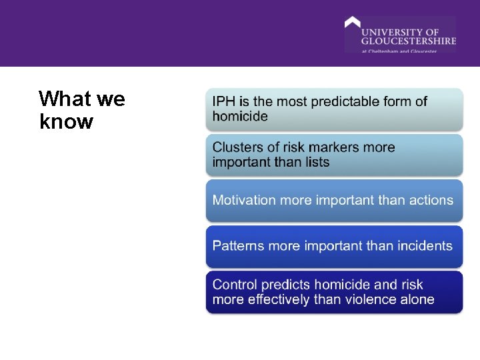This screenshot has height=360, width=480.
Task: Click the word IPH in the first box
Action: click(x=223, y=102)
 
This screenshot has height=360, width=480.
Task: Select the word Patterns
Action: click(x=239, y=245)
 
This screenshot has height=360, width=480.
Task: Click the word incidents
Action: click(x=423, y=245)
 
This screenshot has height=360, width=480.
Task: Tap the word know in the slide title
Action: click(x=66, y=122)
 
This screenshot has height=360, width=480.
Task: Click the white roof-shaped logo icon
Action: click(x=352, y=23)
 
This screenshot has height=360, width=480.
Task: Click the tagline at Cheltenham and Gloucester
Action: click(x=399, y=51)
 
